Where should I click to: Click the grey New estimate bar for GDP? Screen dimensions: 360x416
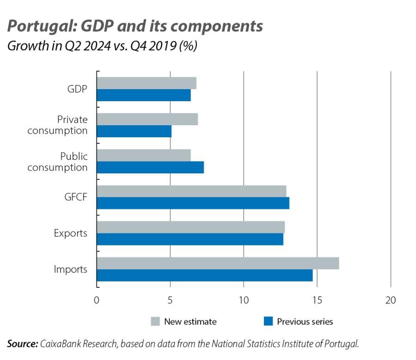(x=147, y=83)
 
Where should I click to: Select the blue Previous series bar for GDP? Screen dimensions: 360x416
(x=144, y=95)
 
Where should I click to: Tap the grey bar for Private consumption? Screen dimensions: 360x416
(x=147, y=119)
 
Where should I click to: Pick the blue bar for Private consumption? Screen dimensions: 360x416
(x=134, y=131)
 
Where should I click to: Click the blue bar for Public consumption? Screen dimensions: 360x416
(x=150, y=167)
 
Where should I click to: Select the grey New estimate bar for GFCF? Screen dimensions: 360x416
(x=191, y=191)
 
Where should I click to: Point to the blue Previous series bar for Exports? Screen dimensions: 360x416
(x=190, y=239)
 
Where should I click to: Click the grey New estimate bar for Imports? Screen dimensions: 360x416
(x=218, y=263)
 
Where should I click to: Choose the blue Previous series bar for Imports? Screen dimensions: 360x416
(x=205, y=275)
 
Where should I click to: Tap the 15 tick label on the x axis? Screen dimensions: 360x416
(x=317, y=300)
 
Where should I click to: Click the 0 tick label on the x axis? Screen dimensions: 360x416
(x=97, y=300)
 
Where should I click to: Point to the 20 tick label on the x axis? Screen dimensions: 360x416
(x=391, y=300)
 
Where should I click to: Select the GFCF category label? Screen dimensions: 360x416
(x=76, y=197)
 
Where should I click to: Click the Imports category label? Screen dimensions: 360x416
(x=70, y=269)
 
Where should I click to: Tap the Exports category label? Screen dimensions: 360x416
(x=70, y=233)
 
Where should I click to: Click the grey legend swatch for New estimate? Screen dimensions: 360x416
(x=155, y=322)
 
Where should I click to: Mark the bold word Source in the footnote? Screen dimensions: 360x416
(x=22, y=344)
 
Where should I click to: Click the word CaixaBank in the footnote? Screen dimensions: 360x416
(x=60, y=344)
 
